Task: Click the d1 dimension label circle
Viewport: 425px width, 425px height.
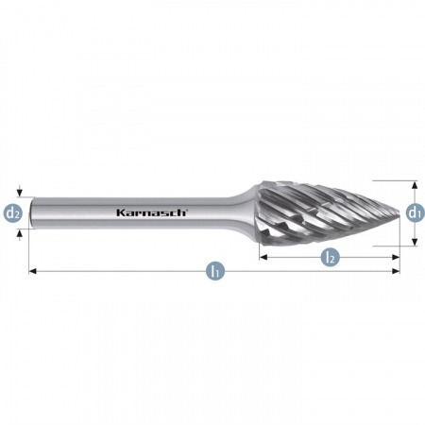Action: (x=415, y=213)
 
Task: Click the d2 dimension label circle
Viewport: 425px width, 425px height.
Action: (x=13, y=213)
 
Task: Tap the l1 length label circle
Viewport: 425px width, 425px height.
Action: (x=215, y=271)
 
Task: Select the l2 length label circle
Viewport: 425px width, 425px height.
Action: (x=331, y=257)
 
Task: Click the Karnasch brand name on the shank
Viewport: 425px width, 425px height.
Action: (x=152, y=212)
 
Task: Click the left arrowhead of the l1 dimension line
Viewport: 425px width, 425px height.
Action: (x=32, y=271)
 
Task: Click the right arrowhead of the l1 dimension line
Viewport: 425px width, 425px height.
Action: (x=396, y=271)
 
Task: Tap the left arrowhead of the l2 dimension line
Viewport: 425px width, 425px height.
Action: (x=263, y=257)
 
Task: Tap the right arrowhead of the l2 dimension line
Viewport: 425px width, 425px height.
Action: (x=396, y=257)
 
